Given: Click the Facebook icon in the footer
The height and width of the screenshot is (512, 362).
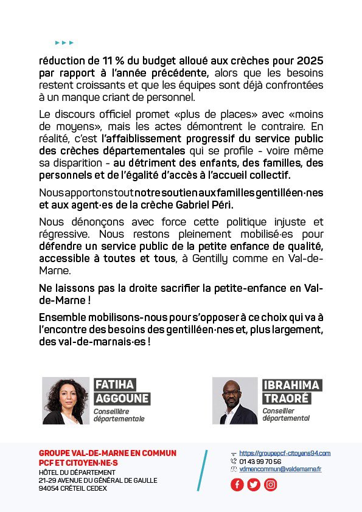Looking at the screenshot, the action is (237, 485).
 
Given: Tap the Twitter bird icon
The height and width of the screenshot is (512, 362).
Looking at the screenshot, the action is (254, 485).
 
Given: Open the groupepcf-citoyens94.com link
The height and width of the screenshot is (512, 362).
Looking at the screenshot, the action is (285, 453).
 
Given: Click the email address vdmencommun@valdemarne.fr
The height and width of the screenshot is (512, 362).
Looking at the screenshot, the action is (280, 469).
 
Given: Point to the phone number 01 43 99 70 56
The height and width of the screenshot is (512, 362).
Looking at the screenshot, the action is (260, 461).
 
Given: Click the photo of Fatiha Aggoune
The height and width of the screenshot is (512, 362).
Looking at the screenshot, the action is (66, 400).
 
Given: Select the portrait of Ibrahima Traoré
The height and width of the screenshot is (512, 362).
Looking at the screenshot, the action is (235, 400).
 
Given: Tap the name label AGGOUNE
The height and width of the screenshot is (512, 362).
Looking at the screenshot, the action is (122, 398).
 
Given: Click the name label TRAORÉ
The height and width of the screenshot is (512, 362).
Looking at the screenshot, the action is (286, 398).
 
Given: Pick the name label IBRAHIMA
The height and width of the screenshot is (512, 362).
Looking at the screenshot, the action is (291, 385).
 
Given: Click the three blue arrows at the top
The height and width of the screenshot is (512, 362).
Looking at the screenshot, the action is (64, 43).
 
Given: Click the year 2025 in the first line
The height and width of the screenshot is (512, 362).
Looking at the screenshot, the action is (310, 61).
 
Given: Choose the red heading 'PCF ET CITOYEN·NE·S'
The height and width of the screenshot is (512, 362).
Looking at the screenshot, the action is (78, 463).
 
